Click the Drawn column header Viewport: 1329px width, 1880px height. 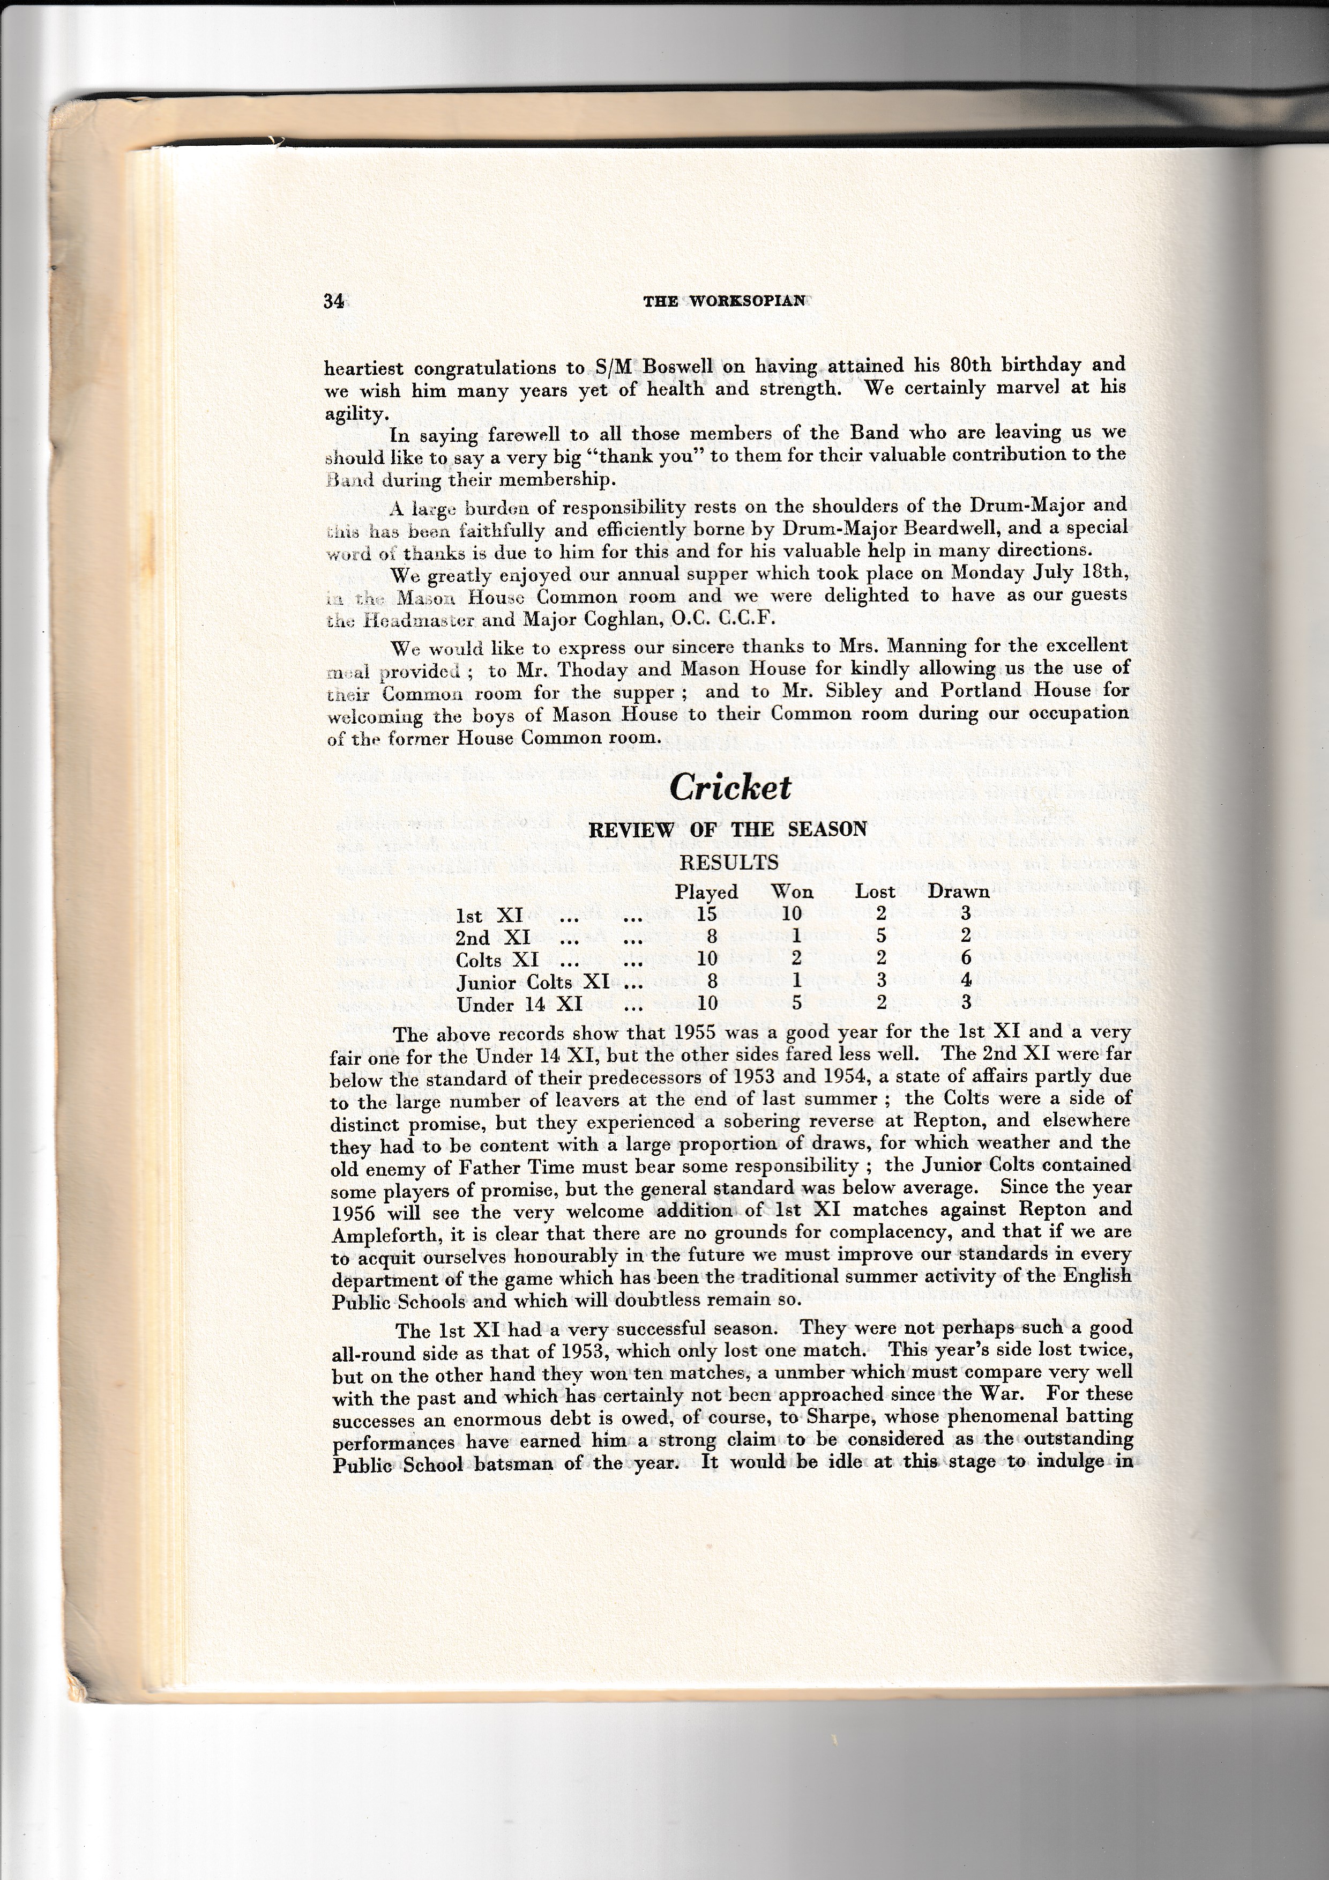[x=958, y=891]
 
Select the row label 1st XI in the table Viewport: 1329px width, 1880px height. [x=489, y=916]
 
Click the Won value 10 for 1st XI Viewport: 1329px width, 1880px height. [x=792, y=915]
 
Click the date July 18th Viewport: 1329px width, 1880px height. [x=1074, y=573]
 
